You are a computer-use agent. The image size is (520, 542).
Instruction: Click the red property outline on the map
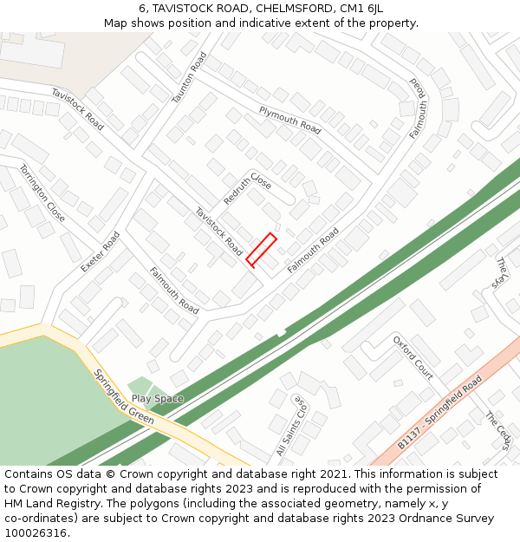[x=261, y=249]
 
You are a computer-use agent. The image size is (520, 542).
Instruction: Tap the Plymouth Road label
[x=289, y=120]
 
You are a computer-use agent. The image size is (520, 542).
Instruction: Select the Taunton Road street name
[x=190, y=78]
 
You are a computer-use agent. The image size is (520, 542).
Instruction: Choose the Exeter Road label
[x=100, y=251]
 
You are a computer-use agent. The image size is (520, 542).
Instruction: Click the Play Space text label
[x=157, y=399]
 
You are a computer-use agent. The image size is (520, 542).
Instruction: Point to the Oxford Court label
[x=413, y=357]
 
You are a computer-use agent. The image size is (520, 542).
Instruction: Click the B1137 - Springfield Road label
[x=439, y=413]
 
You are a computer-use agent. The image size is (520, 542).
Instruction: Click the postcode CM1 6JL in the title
[x=364, y=9]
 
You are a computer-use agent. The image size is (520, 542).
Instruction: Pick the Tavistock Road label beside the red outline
[x=218, y=231]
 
